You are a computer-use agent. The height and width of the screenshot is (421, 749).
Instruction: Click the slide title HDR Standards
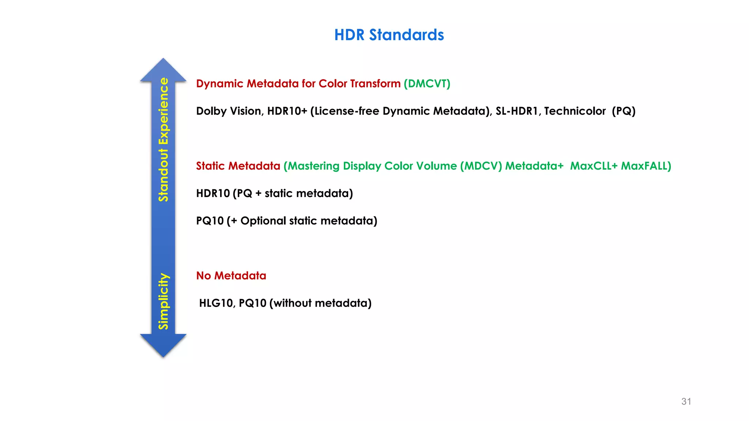tap(389, 35)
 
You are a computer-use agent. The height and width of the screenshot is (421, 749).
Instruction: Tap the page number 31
tap(686, 401)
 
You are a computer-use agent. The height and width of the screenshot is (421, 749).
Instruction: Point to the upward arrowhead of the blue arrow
tap(163, 70)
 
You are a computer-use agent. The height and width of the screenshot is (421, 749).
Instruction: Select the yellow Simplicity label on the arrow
tap(163, 301)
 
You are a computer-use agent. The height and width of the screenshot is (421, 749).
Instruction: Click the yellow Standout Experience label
tap(163, 139)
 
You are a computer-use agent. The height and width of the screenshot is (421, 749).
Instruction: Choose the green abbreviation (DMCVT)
tap(427, 84)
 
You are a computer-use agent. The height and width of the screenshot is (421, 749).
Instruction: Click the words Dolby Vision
tap(229, 111)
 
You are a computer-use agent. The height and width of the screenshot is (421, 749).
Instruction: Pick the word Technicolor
tap(575, 111)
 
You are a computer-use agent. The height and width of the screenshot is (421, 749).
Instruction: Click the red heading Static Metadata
tap(238, 166)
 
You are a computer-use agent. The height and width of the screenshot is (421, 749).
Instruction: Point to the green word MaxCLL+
tap(594, 166)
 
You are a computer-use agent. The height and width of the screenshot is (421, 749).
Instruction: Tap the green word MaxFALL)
tap(646, 166)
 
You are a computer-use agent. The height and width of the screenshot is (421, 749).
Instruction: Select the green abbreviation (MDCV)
tap(481, 166)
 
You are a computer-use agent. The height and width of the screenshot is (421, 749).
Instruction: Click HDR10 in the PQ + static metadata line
tap(213, 193)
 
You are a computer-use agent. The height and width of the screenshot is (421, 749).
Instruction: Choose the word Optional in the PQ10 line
tap(263, 221)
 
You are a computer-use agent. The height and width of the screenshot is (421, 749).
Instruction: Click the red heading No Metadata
tap(231, 276)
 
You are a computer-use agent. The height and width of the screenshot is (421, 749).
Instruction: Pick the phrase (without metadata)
tap(320, 303)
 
